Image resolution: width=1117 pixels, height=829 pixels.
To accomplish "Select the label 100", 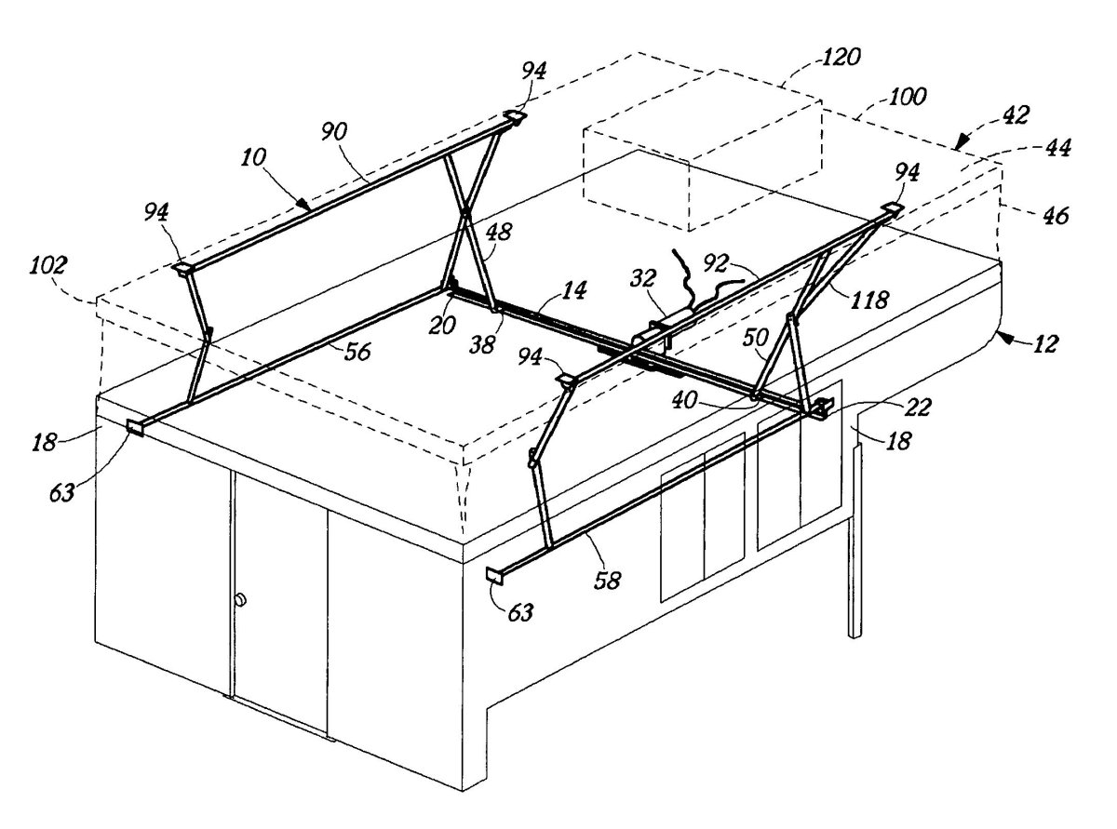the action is (907, 97).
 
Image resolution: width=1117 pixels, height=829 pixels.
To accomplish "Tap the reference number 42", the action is (1016, 115).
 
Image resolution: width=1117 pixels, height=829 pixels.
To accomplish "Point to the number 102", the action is (47, 265).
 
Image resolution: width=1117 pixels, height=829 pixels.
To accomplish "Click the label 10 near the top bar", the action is (253, 158).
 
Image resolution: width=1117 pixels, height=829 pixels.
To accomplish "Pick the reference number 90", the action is (334, 132).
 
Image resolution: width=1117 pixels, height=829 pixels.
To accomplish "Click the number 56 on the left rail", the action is (357, 352).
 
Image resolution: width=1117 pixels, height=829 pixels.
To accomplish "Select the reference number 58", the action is (607, 581).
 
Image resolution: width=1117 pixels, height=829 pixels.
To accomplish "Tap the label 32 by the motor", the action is (644, 278).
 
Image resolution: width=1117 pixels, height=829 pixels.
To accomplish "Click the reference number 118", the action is (869, 301).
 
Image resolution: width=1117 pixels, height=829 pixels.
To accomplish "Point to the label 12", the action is (1045, 344).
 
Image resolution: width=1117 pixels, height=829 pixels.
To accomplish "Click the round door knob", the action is (240, 599).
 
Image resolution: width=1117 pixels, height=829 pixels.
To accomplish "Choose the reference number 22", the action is (917, 408).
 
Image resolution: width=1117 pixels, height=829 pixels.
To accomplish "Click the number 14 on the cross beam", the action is (574, 290).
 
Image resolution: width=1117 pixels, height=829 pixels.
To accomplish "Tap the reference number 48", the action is (499, 232).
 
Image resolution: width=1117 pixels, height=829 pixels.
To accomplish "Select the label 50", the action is (756, 339).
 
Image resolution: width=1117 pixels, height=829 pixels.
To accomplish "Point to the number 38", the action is (482, 345).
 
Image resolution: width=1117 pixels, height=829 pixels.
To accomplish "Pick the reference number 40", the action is (685, 400).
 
